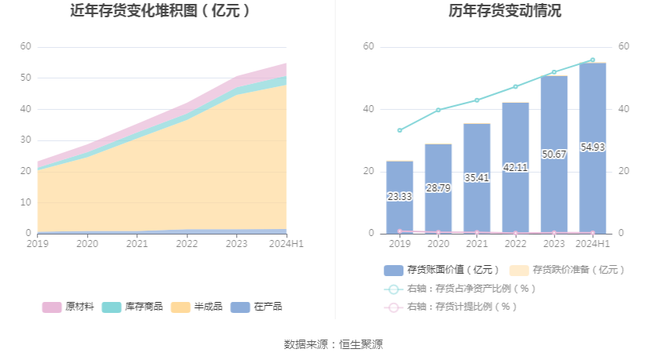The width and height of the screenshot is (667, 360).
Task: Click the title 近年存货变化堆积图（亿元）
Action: (x=161, y=11)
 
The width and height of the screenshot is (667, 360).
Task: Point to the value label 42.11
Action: (x=516, y=167)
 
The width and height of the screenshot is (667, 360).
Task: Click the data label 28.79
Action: (x=438, y=188)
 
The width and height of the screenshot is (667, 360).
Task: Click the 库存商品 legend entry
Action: (x=132, y=307)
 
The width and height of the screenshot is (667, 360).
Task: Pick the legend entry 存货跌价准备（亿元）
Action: (x=567, y=270)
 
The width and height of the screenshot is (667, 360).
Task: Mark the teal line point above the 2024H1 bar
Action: (x=592, y=60)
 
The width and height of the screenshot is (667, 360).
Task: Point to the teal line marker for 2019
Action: (x=399, y=130)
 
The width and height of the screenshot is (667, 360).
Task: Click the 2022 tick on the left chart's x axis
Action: (x=187, y=244)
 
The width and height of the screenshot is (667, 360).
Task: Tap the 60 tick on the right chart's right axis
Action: (x=624, y=46)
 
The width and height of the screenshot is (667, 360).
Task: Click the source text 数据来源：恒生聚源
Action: (x=333, y=344)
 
